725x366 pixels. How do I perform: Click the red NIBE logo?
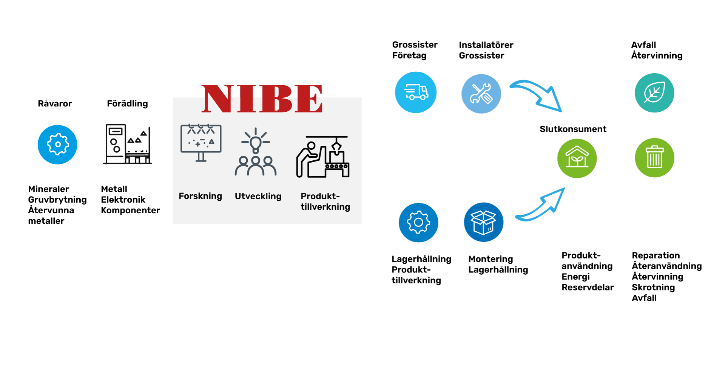click(x=262, y=98)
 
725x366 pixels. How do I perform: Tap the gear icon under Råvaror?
click(x=57, y=145)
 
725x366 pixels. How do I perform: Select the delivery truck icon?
click(x=416, y=92)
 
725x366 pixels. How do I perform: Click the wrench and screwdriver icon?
click(x=481, y=94)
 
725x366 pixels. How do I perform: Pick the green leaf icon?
click(x=654, y=93)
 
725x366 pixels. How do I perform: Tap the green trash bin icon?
click(x=654, y=158)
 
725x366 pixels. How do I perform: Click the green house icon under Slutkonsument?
click(x=577, y=158)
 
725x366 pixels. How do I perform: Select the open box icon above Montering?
click(x=483, y=222)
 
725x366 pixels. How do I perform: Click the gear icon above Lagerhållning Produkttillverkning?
click(x=418, y=223)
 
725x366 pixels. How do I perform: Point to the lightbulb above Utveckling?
click(x=256, y=141)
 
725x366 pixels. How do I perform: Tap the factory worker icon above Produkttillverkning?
click(x=323, y=157)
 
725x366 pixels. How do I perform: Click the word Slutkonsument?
click(x=573, y=129)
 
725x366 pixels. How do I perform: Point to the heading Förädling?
click(x=127, y=104)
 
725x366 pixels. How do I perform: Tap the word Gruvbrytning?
click(x=57, y=200)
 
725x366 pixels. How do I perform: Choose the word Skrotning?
click(x=653, y=287)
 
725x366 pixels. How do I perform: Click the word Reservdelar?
click(x=588, y=287)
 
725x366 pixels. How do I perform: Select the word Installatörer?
click(x=486, y=45)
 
